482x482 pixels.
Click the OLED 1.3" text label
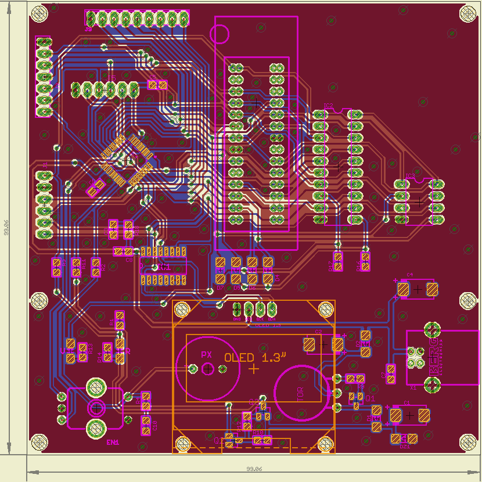[256, 358]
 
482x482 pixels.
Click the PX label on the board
[206, 354]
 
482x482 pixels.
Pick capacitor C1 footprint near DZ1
[410, 415]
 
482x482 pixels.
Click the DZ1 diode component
[404, 440]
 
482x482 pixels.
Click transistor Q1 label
[370, 398]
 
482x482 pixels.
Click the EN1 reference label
[113, 442]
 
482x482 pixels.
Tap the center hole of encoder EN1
[96, 408]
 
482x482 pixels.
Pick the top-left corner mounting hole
[39, 13]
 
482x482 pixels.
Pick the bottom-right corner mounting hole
[467, 443]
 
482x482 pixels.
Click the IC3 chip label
[411, 175]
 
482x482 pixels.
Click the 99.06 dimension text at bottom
[254, 469]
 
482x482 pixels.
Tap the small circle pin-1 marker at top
[220, 34]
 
